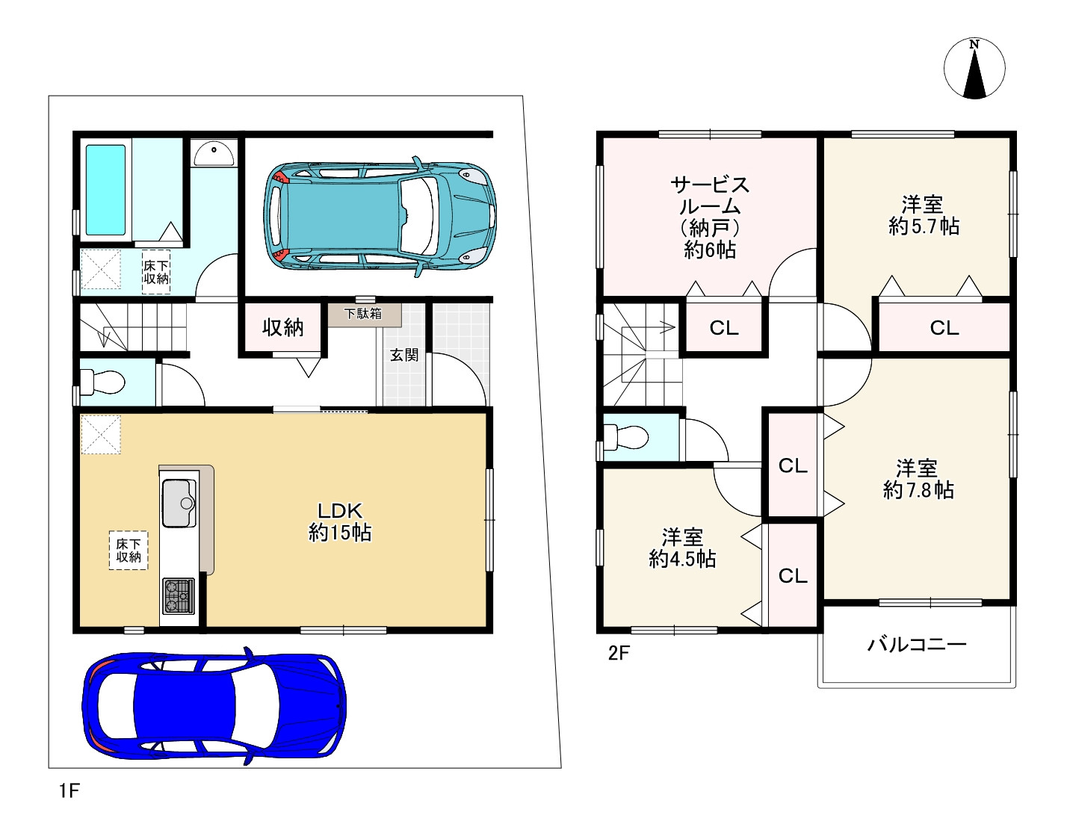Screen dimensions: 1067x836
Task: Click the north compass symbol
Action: point(974,68)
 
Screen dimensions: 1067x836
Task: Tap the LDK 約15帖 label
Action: point(340,521)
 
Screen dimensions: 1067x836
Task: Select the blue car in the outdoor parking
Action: point(214,707)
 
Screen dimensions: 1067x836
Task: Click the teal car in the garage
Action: point(380,217)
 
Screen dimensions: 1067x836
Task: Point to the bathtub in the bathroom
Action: point(105,190)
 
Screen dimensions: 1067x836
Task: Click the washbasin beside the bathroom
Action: point(214,153)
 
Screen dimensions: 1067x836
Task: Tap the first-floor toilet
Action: point(102,382)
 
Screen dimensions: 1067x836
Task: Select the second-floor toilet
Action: point(625,436)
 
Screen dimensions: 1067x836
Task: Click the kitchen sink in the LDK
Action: point(179,503)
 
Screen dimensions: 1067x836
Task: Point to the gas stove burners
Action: point(179,596)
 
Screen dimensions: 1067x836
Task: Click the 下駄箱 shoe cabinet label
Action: point(363,314)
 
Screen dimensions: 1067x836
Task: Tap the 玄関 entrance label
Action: point(404,355)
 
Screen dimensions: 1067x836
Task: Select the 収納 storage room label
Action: point(283,327)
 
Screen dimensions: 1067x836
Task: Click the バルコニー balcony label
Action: point(917,644)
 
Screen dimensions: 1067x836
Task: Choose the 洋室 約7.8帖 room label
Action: point(918,479)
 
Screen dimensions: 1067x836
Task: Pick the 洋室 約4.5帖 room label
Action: point(682,548)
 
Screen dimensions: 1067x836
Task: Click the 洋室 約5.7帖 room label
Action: point(924,215)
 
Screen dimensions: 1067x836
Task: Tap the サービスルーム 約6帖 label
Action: point(710,217)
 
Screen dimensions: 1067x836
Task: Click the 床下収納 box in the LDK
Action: point(129,551)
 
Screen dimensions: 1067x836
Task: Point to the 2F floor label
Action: point(619,653)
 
